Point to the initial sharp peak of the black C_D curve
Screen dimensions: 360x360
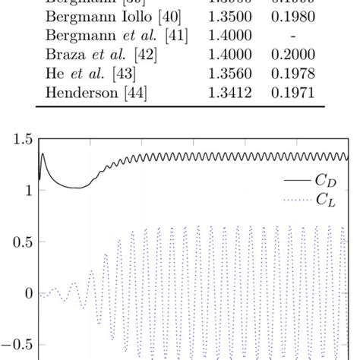(x=43, y=155)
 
